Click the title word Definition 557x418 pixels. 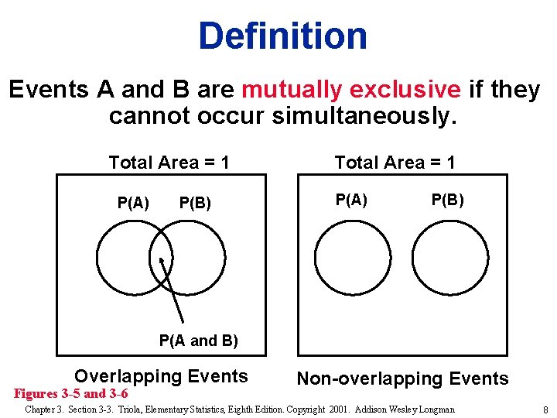click(282, 36)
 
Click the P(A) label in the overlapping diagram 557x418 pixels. click(133, 204)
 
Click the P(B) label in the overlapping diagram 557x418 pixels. click(195, 204)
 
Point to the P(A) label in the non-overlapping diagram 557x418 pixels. click(351, 200)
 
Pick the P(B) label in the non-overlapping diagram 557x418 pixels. click(447, 200)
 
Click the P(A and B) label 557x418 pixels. click(199, 341)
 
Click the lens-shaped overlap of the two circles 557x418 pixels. click(161, 255)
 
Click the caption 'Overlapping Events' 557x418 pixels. click(161, 376)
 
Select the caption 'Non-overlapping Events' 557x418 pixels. click(403, 379)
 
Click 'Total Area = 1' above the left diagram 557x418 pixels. click(169, 163)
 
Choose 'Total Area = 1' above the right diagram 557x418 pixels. click(395, 163)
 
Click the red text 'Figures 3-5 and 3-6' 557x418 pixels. click(71, 393)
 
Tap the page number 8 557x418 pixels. click(545, 410)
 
